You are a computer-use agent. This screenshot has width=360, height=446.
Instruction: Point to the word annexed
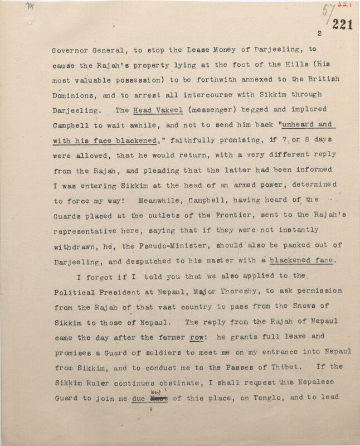pos(243,80)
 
